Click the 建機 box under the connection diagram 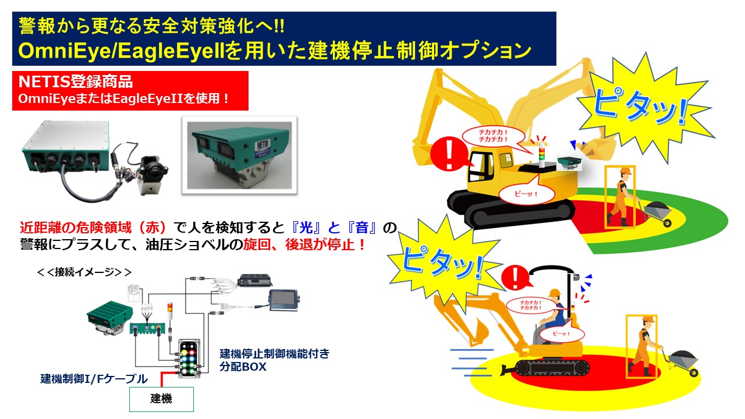pyautogui.click(x=161, y=400)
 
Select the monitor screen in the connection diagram pyautogui.click(x=283, y=299)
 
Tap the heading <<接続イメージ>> pyautogui.click(x=84, y=272)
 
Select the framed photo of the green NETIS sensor pyautogui.click(x=240, y=154)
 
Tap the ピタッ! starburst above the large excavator pyautogui.click(x=638, y=105)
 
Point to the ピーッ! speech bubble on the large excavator pyautogui.click(x=527, y=194)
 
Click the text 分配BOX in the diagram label pyautogui.click(x=243, y=367)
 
